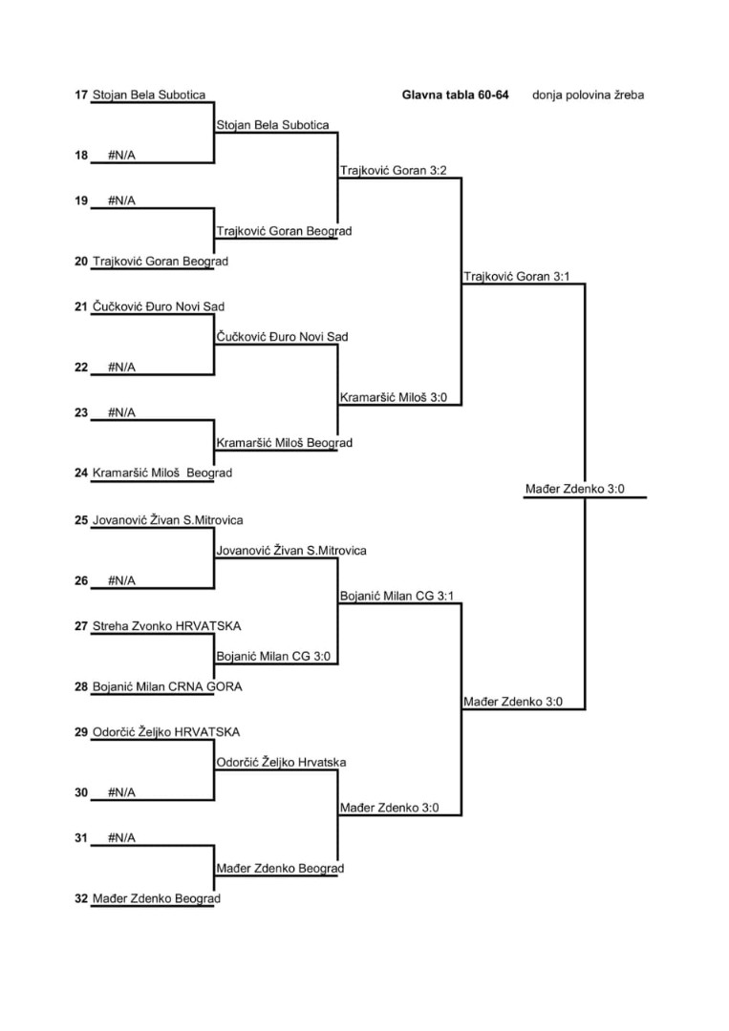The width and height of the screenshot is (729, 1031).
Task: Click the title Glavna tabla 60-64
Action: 456,95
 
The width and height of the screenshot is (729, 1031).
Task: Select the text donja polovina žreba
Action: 589,95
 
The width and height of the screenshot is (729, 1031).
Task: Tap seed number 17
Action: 81,95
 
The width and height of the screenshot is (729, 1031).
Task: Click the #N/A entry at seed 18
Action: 121,156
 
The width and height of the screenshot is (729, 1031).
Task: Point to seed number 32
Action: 81,898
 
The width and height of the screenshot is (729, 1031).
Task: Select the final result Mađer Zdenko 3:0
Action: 575,489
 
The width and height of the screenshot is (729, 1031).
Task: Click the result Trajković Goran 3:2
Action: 394,170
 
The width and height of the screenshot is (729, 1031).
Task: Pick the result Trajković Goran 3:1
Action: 517,276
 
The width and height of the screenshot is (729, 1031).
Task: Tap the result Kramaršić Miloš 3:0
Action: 394,397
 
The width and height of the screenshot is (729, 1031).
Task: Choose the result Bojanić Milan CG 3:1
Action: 397,596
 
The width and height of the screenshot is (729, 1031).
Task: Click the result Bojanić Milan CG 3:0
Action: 273,656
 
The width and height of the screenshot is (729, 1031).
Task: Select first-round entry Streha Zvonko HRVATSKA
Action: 166,626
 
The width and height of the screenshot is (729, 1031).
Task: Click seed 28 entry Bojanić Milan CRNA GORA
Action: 167,686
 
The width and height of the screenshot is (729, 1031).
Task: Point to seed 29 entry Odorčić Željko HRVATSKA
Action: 166,732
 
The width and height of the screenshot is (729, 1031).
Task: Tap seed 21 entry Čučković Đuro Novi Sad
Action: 159,306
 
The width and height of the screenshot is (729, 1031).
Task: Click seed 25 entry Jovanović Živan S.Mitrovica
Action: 168,520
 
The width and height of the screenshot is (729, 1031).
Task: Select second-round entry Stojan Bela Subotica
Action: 273,125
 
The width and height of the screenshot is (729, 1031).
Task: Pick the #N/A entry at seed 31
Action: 121,838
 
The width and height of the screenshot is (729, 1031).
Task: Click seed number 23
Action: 81,412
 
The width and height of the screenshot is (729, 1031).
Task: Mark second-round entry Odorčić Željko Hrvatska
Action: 282,762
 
